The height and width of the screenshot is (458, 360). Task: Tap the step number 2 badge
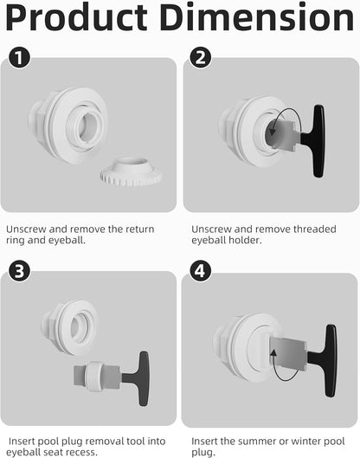coord(200,58)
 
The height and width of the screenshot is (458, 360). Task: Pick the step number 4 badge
coord(200,273)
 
